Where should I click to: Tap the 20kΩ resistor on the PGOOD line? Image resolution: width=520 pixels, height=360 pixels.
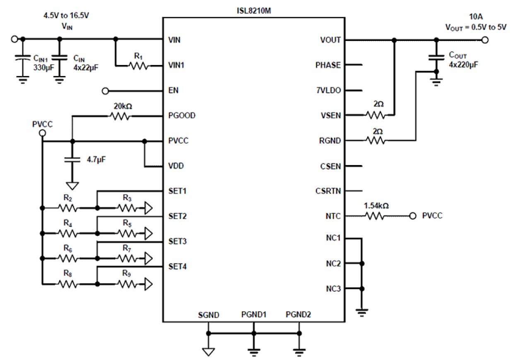click(x=120, y=117)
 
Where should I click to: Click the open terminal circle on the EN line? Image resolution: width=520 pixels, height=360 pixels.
click(x=105, y=90)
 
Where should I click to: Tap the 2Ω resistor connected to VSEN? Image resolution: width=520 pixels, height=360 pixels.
click(x=375, y=115)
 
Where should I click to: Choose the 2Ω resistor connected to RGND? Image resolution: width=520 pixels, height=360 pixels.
click(x=375, y=141)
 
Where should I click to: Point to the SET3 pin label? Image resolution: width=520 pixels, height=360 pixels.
click(x=178, y=241)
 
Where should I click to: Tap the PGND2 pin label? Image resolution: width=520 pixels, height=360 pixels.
click(x=298, y=315)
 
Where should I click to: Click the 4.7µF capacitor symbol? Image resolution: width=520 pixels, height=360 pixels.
click(x=72, y=159)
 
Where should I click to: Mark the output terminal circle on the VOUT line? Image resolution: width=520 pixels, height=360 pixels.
click(x=485, y=40)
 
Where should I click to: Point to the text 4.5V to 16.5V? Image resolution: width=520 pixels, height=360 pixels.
click(x=67, y=16)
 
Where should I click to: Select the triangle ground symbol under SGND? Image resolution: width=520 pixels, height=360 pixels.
click(x=209, y=352)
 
